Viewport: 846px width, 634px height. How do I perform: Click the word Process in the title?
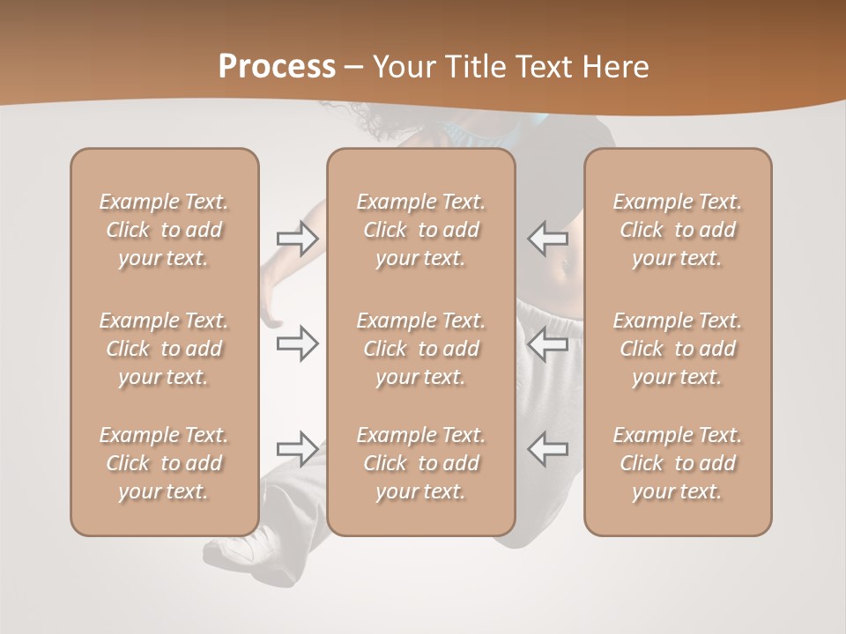point(277,66)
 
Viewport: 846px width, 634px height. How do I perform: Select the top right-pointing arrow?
point(297,239)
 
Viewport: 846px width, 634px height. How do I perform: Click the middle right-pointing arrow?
point(297,343)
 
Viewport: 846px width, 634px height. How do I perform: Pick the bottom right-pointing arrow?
point(297,449)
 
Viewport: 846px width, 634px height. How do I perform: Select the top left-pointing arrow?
point(547,238)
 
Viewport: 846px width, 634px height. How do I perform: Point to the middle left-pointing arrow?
point(547,343)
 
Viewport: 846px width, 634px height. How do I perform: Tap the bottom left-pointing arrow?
point(547,449)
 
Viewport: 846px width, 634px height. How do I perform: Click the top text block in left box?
point(164,230)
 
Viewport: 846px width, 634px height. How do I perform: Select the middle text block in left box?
point(164,349)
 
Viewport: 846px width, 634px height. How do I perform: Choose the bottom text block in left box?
point(164,463)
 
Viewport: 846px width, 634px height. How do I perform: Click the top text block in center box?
point(420,230)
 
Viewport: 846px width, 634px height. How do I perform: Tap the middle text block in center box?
point(420,349)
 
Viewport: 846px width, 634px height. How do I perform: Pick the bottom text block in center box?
point(420,463)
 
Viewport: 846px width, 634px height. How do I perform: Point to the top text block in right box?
point(677,230)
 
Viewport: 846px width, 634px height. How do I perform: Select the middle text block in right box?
point(677,349)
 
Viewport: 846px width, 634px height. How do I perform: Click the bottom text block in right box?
point(677,463)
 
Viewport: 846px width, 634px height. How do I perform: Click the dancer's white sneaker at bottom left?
point(231,549)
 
